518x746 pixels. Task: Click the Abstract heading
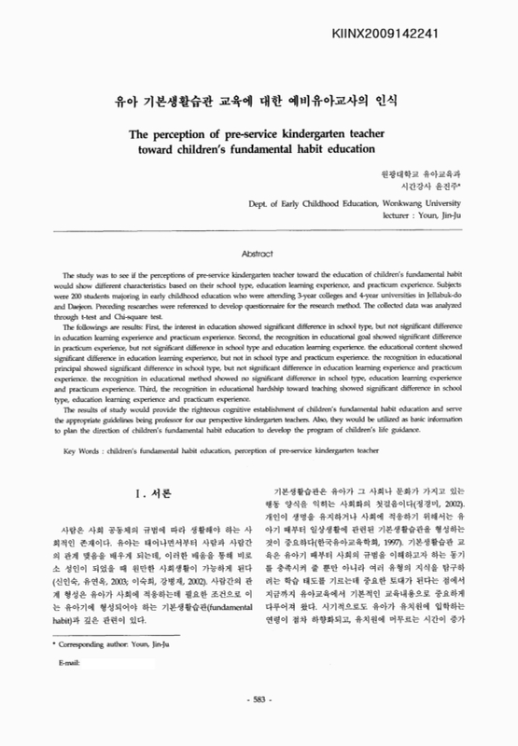pos(259,253)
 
